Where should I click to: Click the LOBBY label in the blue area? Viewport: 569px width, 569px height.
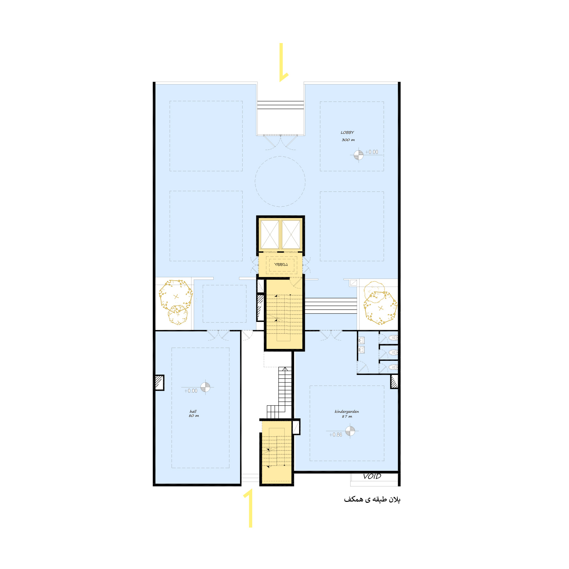(x=347, y=132)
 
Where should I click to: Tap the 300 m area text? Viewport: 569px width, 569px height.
(x=348, y=140)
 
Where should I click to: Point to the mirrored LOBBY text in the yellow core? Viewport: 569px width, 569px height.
(x=281, y=264)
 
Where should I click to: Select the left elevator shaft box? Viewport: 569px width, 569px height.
(x=270, y=234)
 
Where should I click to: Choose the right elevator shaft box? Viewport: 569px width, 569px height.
(x=291, y=234)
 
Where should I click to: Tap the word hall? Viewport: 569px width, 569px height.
(x=193, y=411)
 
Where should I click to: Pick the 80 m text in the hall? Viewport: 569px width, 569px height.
(x=194, y=416)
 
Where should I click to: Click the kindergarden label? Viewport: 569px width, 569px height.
(x=347, y=412)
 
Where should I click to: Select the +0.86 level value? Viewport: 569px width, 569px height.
(x=336, y=435)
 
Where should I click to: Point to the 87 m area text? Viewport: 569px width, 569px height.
(x=347, y=416)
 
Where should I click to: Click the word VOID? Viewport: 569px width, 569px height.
(x=372, y=476)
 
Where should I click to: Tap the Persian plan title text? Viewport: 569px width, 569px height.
(x=372, y=499)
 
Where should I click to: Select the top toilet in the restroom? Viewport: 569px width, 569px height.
(x=394, y=338)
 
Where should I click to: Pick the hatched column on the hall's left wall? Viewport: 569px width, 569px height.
(x=159, y=383)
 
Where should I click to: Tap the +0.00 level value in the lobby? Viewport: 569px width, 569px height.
(x=372, y=152)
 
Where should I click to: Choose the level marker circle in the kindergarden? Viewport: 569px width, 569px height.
(x=350, y=431)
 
